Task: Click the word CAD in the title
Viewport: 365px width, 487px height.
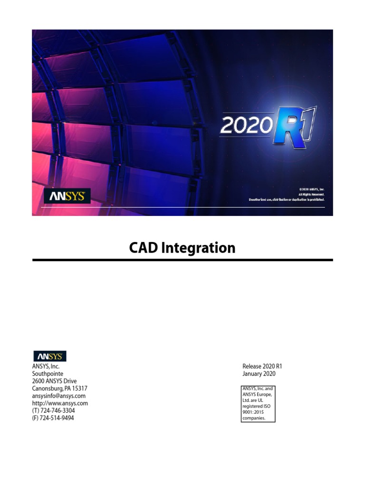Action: coord(144,248)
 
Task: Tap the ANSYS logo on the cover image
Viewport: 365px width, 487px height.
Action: coord(67,196)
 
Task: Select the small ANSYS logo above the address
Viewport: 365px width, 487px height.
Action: coord(49,356)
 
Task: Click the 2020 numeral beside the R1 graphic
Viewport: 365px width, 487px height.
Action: coord(245,126)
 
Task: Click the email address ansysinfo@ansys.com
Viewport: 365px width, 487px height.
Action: coord(58,396)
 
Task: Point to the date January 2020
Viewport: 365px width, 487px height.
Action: coord(259,374)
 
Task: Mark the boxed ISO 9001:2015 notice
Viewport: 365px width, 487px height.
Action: coord(258,404)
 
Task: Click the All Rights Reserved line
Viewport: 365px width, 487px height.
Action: coord(311,195)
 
